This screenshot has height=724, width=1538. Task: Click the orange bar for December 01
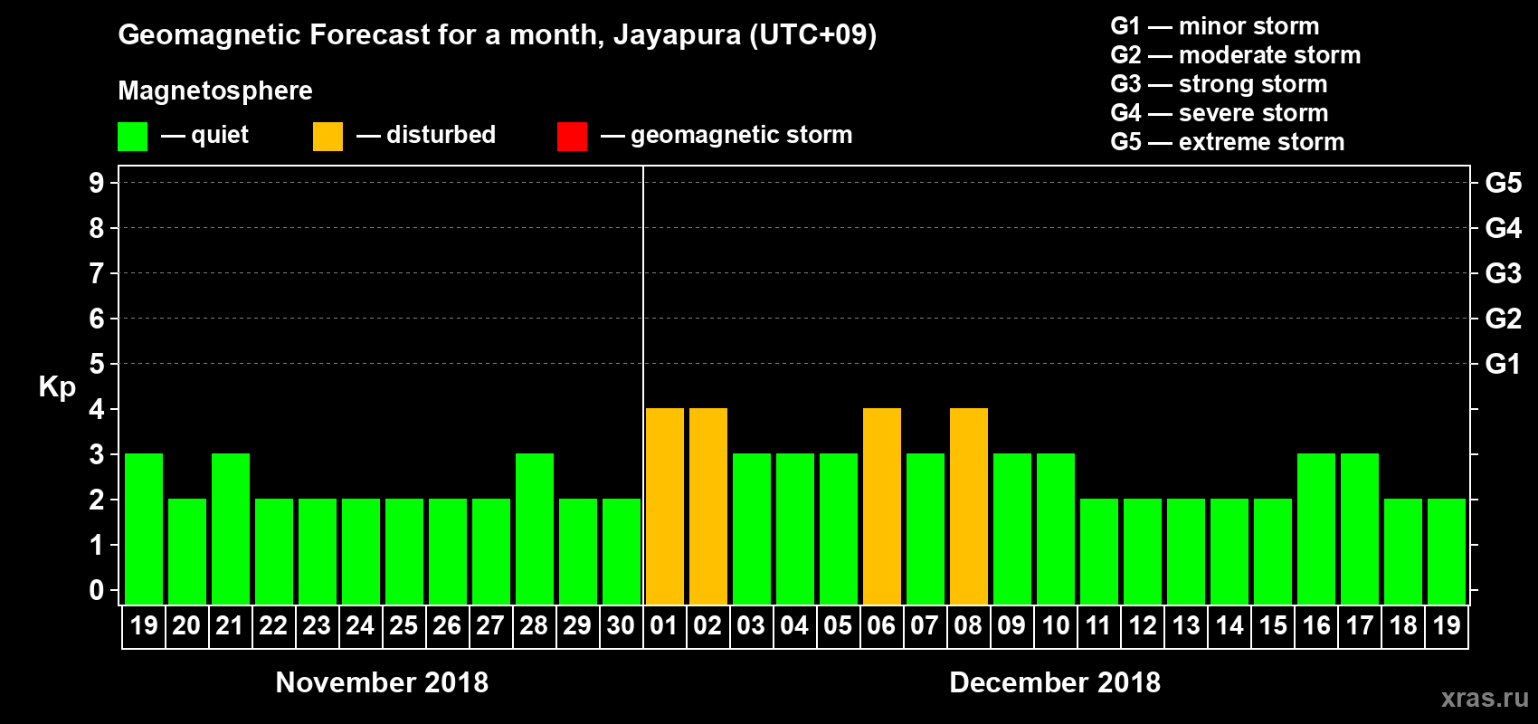click(665, 506)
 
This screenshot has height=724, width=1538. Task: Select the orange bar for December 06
click(882, 506)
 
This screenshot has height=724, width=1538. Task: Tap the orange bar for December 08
click(969, 506)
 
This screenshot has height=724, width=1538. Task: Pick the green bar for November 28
click(535, 529)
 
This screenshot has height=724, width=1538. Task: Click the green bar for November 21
click(231, 529)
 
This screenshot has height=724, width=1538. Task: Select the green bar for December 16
click(1316, 529)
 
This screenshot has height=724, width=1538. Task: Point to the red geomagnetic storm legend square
click(572, 137)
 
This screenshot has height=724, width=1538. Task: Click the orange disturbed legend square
click(328, 137)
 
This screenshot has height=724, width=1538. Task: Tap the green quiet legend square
click(133, 137)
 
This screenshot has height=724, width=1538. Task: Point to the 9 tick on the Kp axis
click(97, 183)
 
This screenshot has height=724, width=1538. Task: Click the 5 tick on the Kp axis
click(97, 364)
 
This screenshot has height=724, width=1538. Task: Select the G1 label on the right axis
click(1503, 364)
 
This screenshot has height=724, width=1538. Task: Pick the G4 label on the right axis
click(1503, 228)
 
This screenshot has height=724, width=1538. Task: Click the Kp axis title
click(57, 386)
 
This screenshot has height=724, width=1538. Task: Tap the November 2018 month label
click(382, 682)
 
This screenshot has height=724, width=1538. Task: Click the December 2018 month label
click(1055, 682)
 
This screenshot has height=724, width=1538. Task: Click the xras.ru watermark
click(1484, 698)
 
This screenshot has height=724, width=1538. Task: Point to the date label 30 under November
click(621, 625)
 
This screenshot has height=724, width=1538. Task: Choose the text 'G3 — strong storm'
click(1219, 84)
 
